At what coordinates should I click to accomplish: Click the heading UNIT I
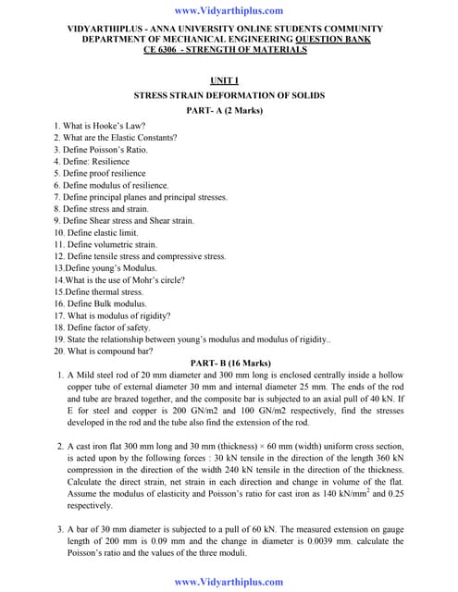(229, 80)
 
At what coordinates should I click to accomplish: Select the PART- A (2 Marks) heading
(229, 110)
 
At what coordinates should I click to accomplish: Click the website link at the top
(229, 11)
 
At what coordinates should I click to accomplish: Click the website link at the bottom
(229, 581)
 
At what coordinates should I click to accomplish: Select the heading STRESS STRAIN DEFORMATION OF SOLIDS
(229, 95)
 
